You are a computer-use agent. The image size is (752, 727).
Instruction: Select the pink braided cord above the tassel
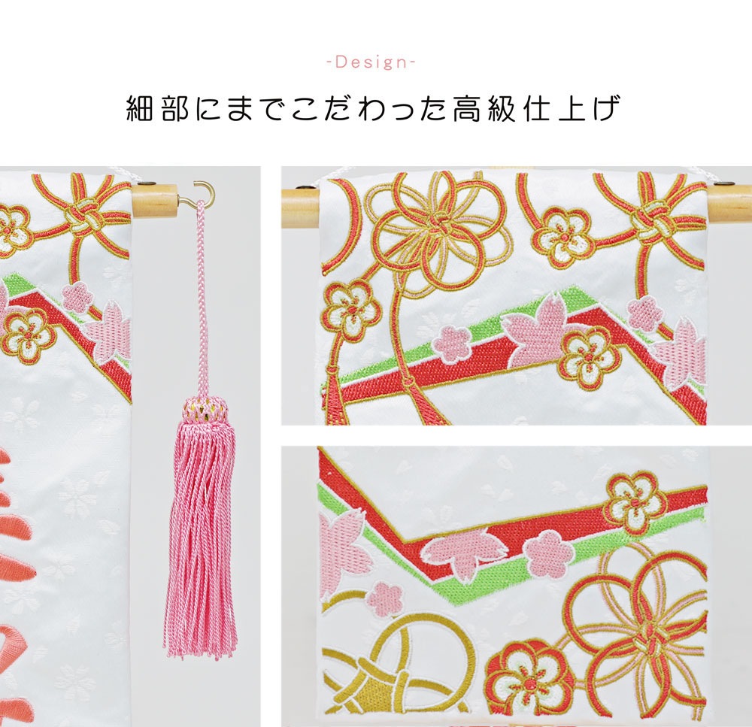[201, 301]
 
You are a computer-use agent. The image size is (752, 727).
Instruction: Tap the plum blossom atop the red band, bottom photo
[635, 500]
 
